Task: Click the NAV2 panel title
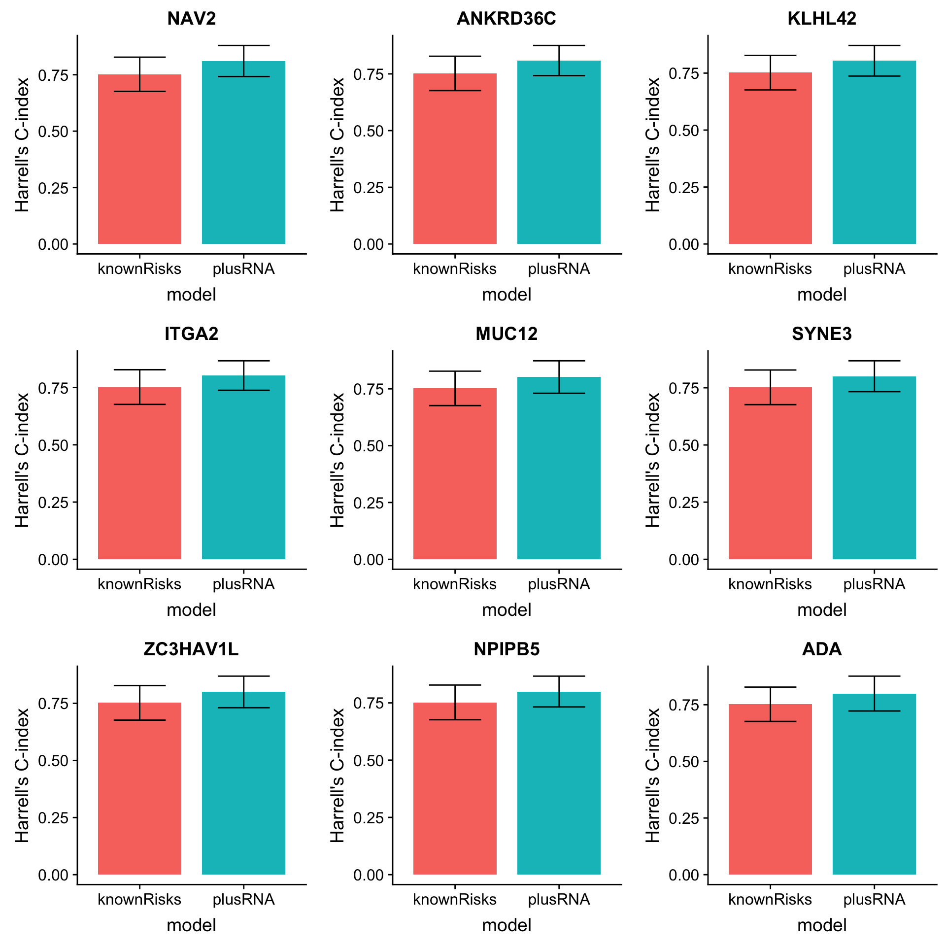click(x=191, y=19)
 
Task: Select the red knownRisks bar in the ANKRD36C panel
click(x=455, y=163)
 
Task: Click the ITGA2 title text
click(x=191, y=334)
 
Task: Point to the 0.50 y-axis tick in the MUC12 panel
click(x=368, y=446)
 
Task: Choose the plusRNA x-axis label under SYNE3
click(x=874, y=584)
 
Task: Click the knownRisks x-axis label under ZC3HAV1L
click(x=139, y=900)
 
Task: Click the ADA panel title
click(x=822, y=649)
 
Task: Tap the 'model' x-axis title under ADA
click(x=822, y=925)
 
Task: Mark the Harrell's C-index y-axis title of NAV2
click(x=22, y=145)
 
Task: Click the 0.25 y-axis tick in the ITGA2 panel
click(x=53, y=503)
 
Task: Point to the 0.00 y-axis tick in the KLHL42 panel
click(x=683, y=244)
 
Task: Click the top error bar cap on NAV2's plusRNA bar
click(x=243, y=45)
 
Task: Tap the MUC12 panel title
click(x=507, y=334)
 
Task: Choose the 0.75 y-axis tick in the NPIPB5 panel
click(x=368, y=703)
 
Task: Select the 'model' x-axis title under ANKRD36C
click(x=507, y=295)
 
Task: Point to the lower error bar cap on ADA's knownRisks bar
click(x=770, y=721)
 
